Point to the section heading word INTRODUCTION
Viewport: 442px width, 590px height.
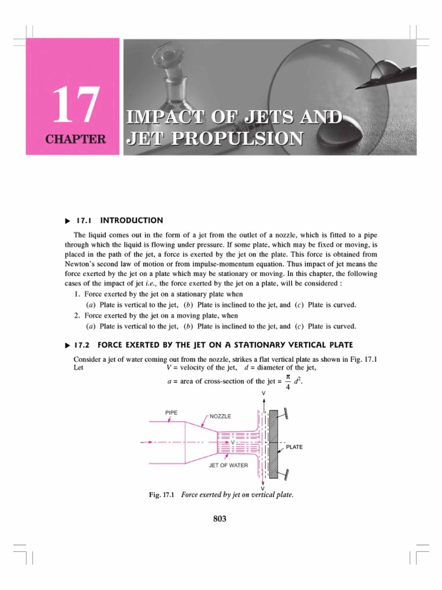coord(132,220)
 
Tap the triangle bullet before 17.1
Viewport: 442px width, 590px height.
coord(67,221)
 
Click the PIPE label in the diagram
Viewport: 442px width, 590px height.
coord(172,413)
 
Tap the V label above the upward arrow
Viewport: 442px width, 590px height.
coord(264,393)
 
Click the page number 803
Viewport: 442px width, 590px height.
coord(220,519)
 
